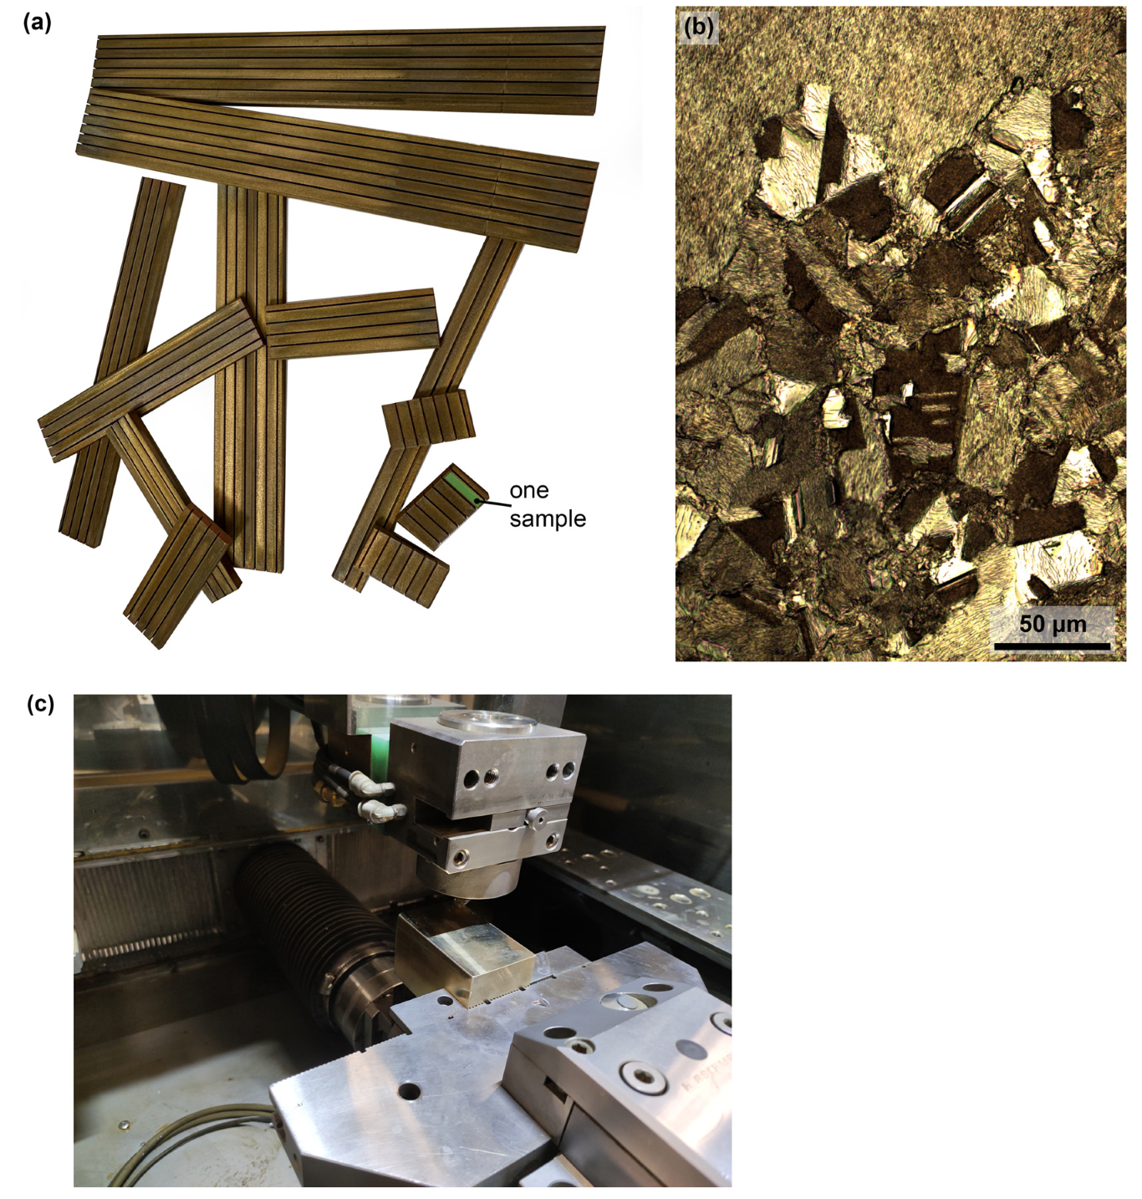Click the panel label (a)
(x=38, y=23)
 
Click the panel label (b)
(x=699, y=28)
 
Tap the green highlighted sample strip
(x=460, y=487)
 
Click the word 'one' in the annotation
(x=529, y=491)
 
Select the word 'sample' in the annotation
(x=548, y=519)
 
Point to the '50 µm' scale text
(x=1053, y=624)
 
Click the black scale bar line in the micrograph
(x=1052, y=645)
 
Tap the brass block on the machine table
(x=464, y=957)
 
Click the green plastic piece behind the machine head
(x=376, y=736)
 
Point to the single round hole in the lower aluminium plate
(x=410, y=1091)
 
